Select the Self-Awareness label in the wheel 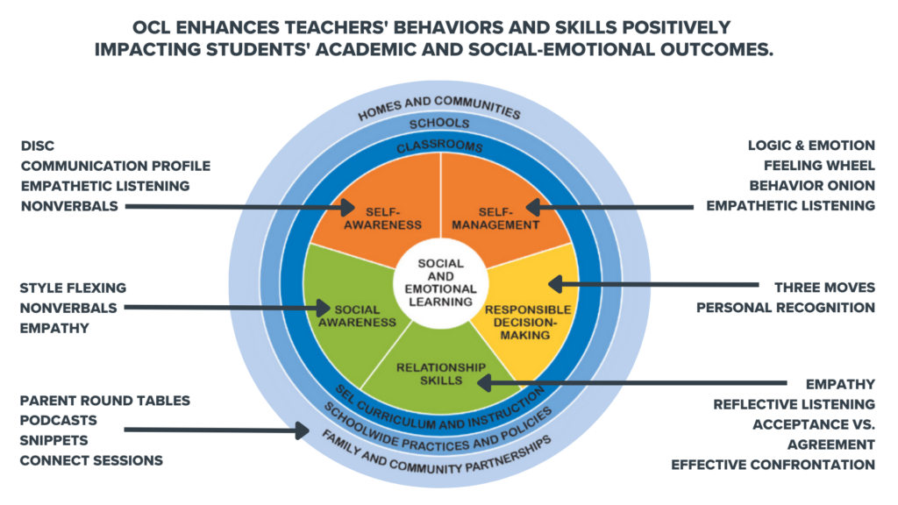pyautogui.click(x=382, y=218)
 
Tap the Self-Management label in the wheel pyautogui.click(x=495, y=218)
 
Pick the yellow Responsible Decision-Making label pyautogui.click(x=527, y=323)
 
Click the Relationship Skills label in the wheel pyautogui.click(x=441, y=373)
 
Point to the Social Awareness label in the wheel pyautogui.click(x=358, y=316)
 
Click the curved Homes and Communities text pyautogui.click(x=439, y=108)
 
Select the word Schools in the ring pyautogui.click(x=439, y=123)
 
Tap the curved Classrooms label pyautogui.click(x=440, y=146)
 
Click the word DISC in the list pyautogui.click(x=38, y=146)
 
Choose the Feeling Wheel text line pyautogui.click(x=819, y=166)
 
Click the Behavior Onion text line pyautogui.click(x=812, y=186)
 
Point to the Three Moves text pyautogui.click(x=824, y=288)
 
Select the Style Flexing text pyautogui.click(x=74, y=288)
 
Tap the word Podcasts pyautogui.click(x=59, y=420)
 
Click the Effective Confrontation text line pyautogui.click(x=773, y=465)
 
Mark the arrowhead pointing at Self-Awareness pyautogui.click(x=347, y=207)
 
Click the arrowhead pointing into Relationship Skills pyautogui.click(x=484, y=382)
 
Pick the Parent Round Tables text pyautogui.click(x=105, y=401)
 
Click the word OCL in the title pyautogui.click(x=153, y=27)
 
